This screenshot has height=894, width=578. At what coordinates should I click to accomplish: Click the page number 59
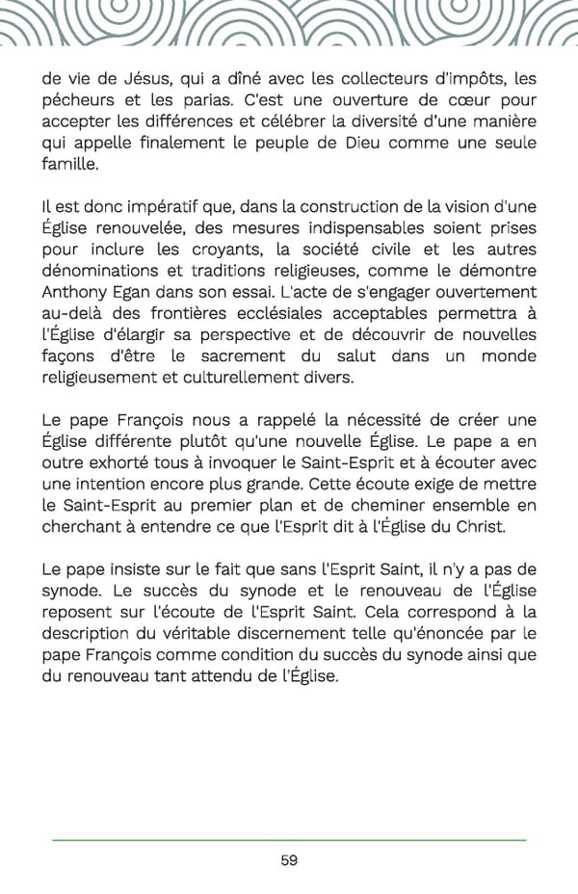289,860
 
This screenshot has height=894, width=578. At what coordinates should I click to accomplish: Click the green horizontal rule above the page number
289,841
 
